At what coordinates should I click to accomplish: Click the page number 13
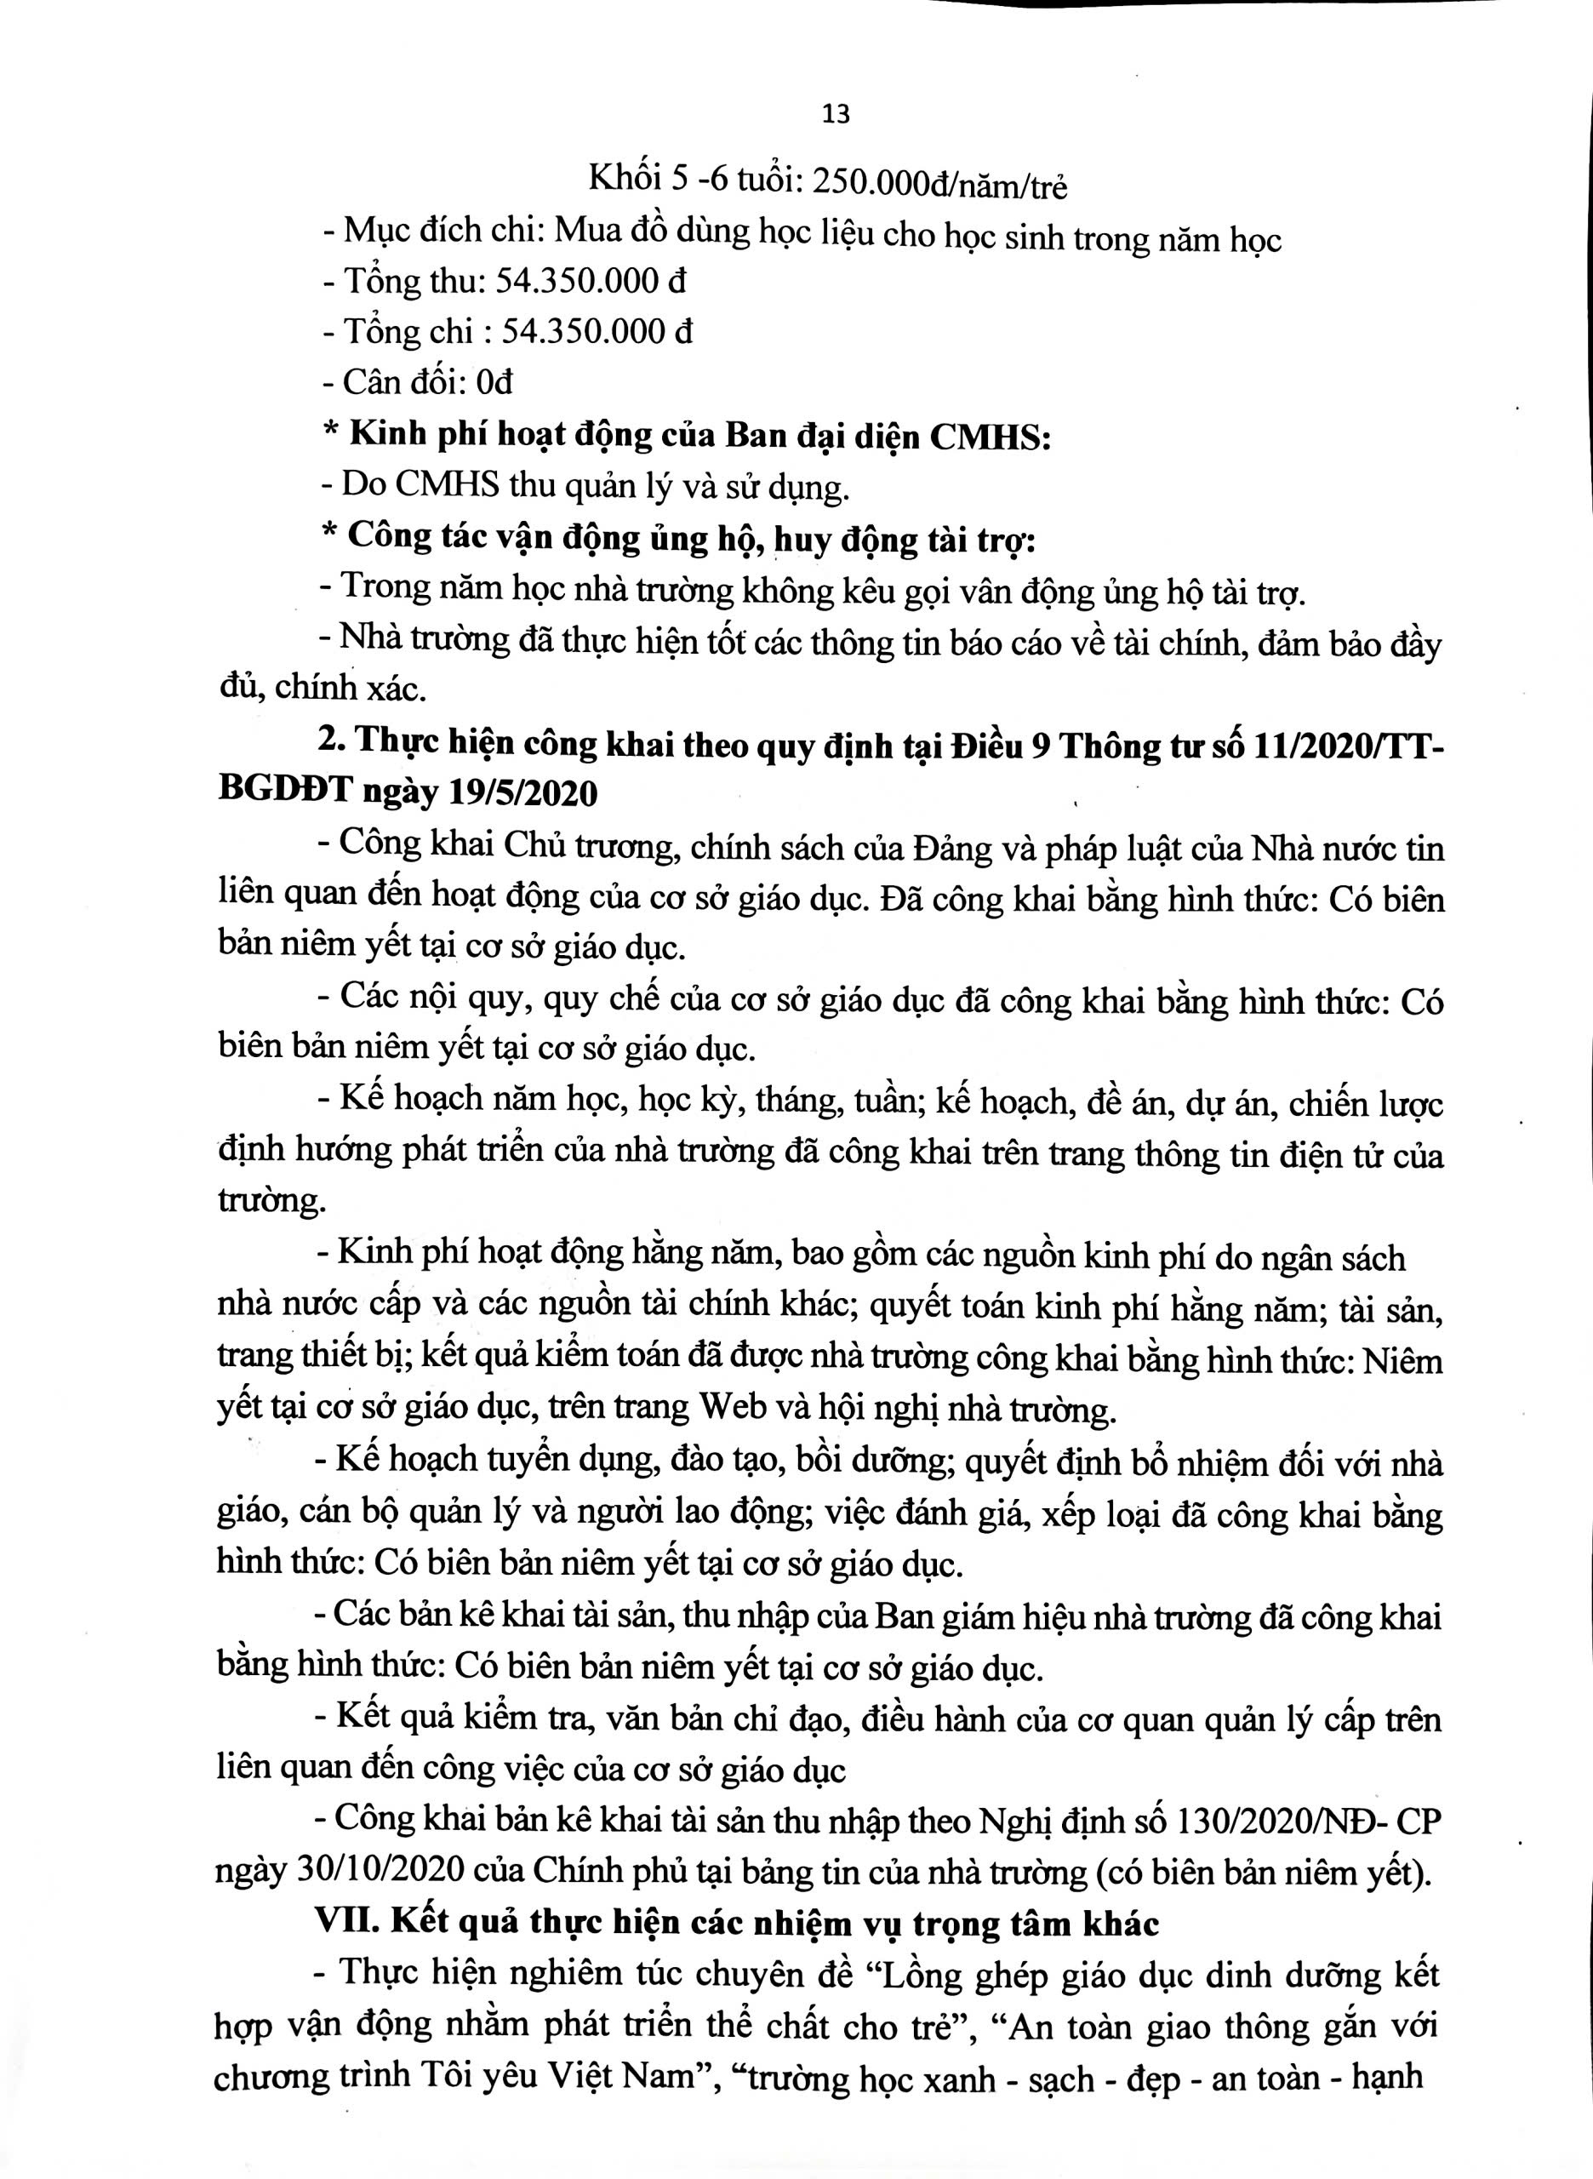pyautogui.click(x=836, y=115)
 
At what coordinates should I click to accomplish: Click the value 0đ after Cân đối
pyautogui.click(x=494, y=383)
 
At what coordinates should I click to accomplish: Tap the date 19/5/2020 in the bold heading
pyautogui.click(x=522, y=793)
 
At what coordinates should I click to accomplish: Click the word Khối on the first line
pyautogui.click(x=624, y=183)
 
